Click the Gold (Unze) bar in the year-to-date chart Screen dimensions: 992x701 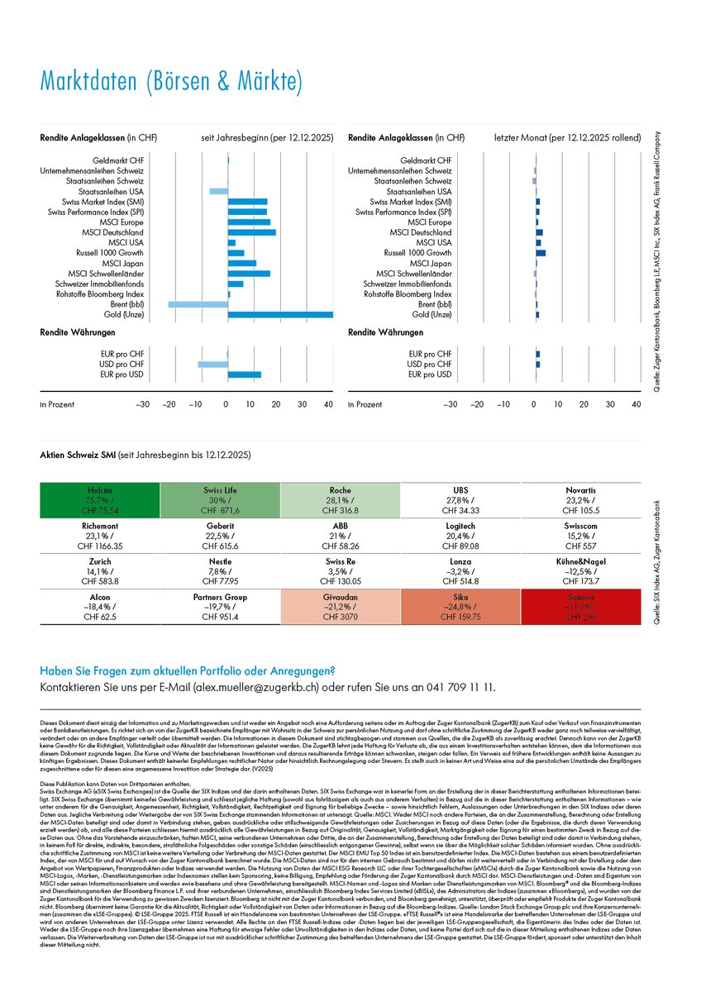280,314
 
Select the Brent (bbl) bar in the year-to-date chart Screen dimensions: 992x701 198,304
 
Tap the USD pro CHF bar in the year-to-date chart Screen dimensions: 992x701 212,365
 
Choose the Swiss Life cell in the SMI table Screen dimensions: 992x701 219,500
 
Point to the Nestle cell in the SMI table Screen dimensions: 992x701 219,571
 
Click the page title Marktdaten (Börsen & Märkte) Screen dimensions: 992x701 172,83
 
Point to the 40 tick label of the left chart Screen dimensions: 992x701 329,405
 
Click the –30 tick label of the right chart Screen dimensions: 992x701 451,405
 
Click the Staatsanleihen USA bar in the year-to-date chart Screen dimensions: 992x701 218,191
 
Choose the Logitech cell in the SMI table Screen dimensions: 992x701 460,536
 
